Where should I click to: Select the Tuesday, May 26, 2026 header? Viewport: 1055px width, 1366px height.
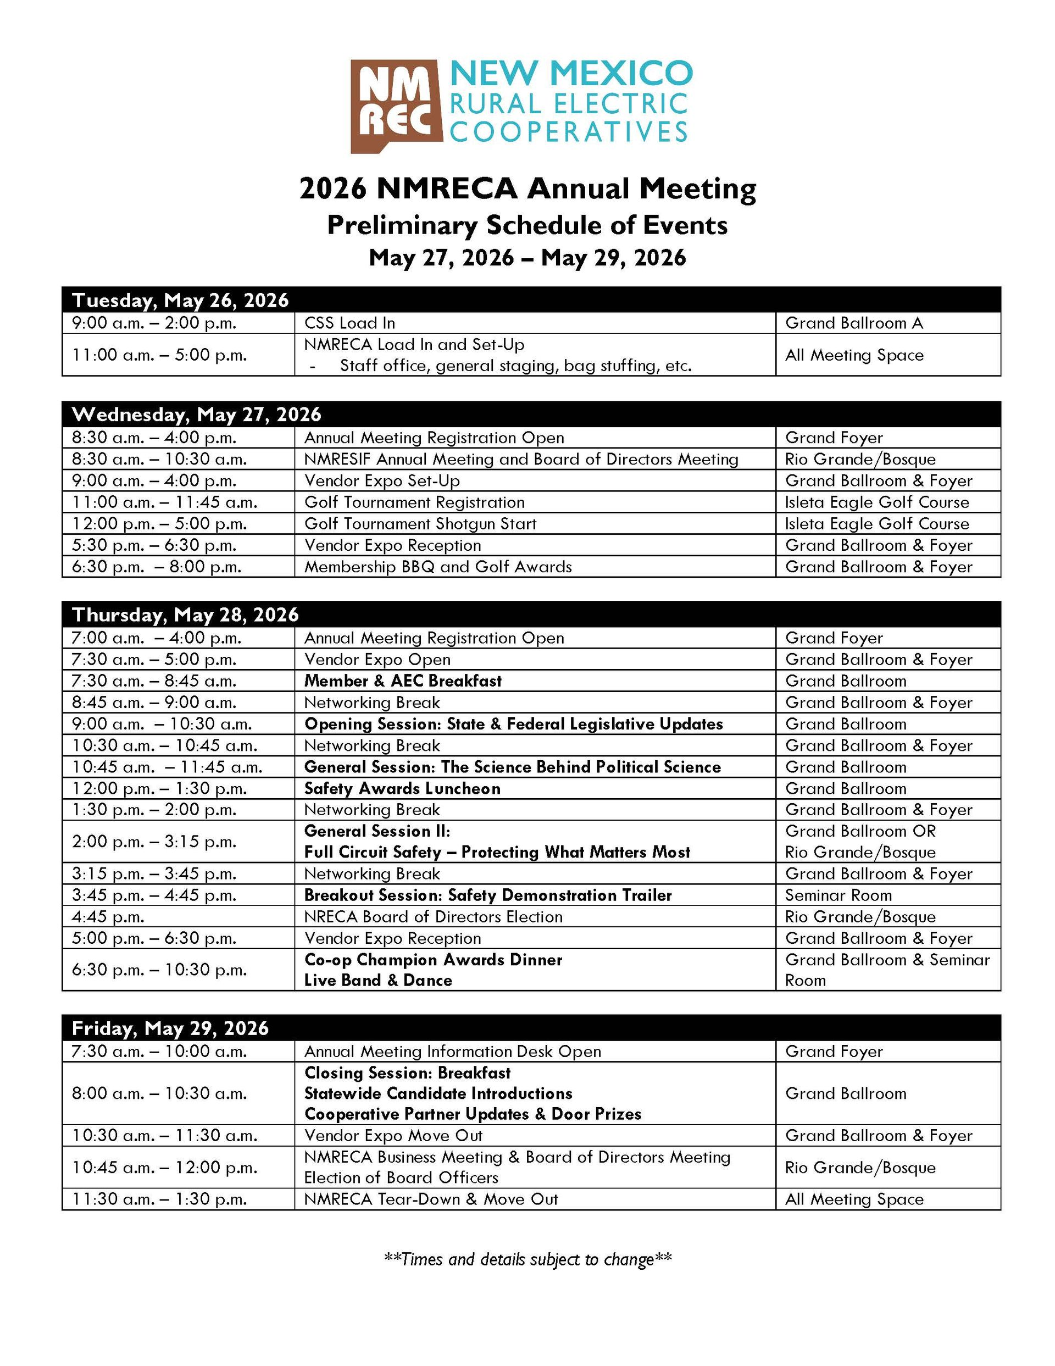(181, 300)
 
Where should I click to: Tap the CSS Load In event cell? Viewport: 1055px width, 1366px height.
(349, 323)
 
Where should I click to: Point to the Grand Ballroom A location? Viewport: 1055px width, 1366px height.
(854, 323)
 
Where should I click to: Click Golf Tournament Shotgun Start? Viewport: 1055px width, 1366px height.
(420, 523)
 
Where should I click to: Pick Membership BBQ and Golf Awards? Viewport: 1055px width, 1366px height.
(438, 567)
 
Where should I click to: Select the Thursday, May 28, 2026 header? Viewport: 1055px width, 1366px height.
(185, 614)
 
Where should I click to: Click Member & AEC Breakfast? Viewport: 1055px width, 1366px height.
(403, 681)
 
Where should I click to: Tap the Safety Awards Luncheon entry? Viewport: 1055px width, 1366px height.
(402, 788)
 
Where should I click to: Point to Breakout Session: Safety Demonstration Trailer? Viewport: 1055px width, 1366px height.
(488, 895)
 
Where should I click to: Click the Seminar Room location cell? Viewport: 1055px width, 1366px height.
(838, 895)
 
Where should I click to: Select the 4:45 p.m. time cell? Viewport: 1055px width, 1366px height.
(108, 916)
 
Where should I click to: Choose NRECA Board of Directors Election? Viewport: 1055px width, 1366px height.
(433, 916)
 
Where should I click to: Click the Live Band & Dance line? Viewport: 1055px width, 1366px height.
(377, 980)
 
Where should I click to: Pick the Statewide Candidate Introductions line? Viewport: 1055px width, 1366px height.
(438, 1093)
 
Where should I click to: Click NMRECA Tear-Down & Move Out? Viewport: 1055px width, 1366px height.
(431, 1199)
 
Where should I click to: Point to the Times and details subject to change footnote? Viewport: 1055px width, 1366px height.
(527, 1258)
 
